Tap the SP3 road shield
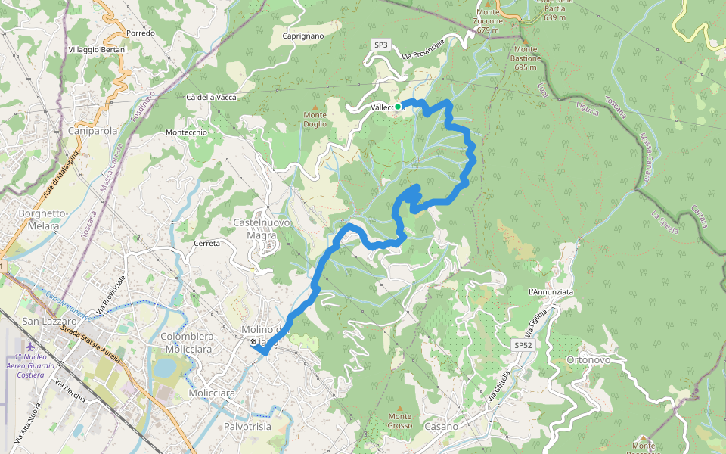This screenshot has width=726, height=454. click(381, 45)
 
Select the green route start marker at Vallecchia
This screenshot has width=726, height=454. click(398, 107)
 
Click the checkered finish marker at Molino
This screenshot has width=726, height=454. click(253, 342)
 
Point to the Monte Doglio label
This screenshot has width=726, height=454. click(315, 119)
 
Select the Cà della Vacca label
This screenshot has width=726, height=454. click(211, 98)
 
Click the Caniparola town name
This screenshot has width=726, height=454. click(93, 131)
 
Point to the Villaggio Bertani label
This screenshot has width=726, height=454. click(98, 49)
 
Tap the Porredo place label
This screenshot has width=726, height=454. click(141, 33)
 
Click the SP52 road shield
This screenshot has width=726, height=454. click(523, 345)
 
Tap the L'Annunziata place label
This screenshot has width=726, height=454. click(551, 292)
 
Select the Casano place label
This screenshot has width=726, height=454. click(442, 427)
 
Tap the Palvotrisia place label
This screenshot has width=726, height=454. click(247, 428)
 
